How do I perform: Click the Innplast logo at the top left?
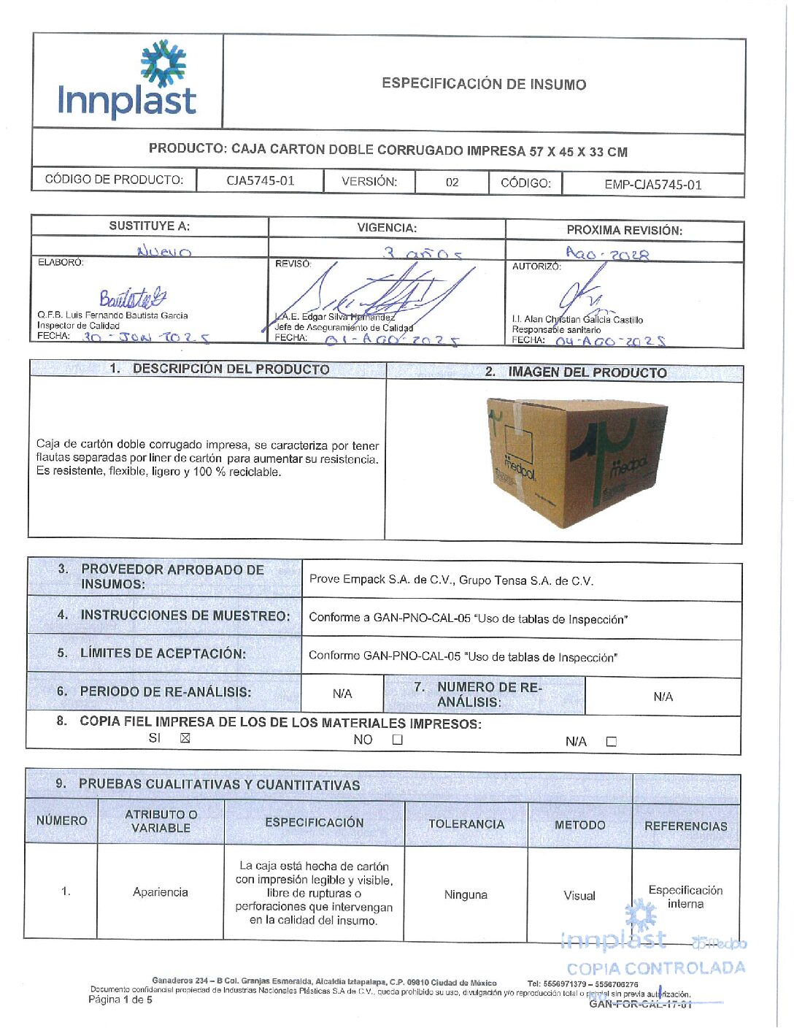point(127,80)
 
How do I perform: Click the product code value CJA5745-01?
point(260,181)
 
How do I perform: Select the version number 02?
point(452,183)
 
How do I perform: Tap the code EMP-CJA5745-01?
point(652,185)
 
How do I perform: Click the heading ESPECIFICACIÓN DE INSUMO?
point(484,84)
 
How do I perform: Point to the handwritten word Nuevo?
point(164,252)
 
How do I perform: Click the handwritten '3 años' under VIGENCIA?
point(423,253)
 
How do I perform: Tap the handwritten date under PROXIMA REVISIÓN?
point(607,254)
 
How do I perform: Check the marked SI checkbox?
point(185,738)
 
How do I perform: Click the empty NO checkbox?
point(397,740)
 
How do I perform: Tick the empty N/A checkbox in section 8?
point(611,742)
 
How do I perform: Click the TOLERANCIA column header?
point(466,824)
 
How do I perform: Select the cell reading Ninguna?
point(466,894)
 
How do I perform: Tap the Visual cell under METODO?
point(579,896)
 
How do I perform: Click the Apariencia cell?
point(161,892)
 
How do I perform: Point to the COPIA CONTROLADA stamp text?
point(655,969)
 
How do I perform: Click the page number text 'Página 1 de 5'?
point(120,1000)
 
